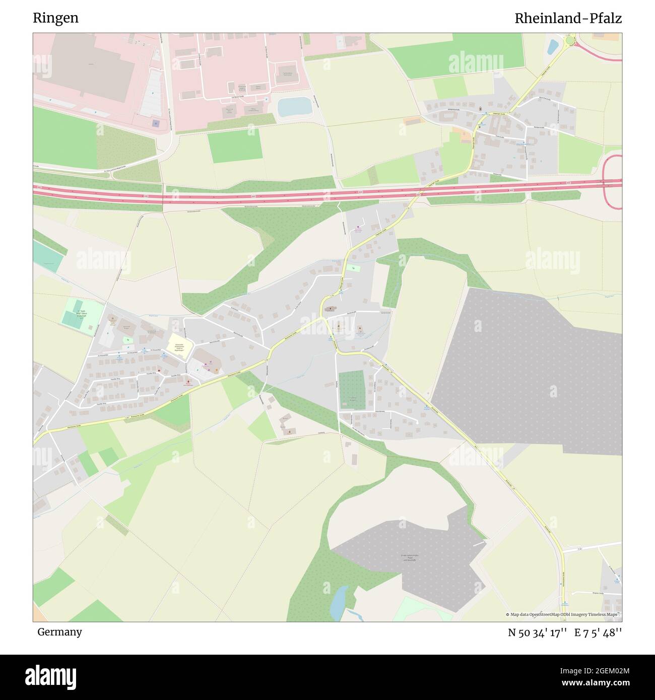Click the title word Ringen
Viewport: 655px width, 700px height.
pyautogui.click(x=55, y=18)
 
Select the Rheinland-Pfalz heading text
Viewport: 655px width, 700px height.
pyautogui.click(x=568, y=19)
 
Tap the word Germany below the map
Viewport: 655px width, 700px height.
pyautogui.click(x=59, y=632)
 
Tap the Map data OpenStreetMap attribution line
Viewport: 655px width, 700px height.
pyautogui.click(x=563, y=614)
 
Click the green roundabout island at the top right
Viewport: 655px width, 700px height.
pyautogui.click(x=570, y=40)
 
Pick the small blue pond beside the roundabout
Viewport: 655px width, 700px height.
pyautogui.click(x=553, y=47)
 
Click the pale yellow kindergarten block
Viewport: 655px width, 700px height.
pyautogui.click(x=180, y=346)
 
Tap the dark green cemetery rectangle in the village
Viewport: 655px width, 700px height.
pyautogui.click(x=351, y=389)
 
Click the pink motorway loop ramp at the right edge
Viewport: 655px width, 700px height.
pyautogui.click(x=612, y=181)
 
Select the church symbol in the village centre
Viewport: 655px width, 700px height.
pyautogui.click(x=331, y=309)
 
